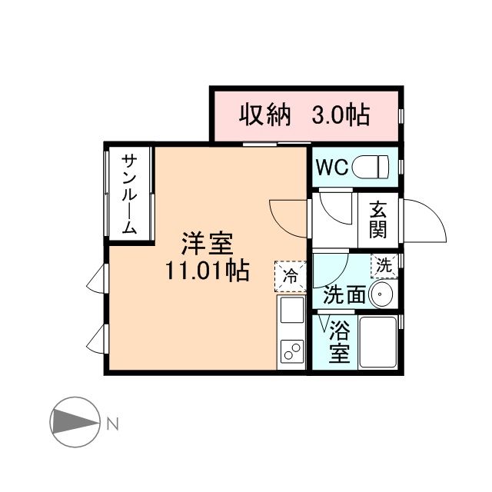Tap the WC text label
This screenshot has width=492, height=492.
coord(331,166)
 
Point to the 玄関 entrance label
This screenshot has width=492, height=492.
coord(377,219)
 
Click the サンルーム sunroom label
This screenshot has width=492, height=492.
coord(129,194)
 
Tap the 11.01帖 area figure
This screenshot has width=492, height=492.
coord(206,271)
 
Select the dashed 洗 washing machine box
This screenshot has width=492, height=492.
coord(383,265)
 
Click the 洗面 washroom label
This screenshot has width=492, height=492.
coord(343,294)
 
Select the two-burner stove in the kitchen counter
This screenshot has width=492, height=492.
coord(292,352)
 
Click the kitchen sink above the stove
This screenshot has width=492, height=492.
coord(292,311)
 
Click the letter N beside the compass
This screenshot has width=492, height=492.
coord(112,423)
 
